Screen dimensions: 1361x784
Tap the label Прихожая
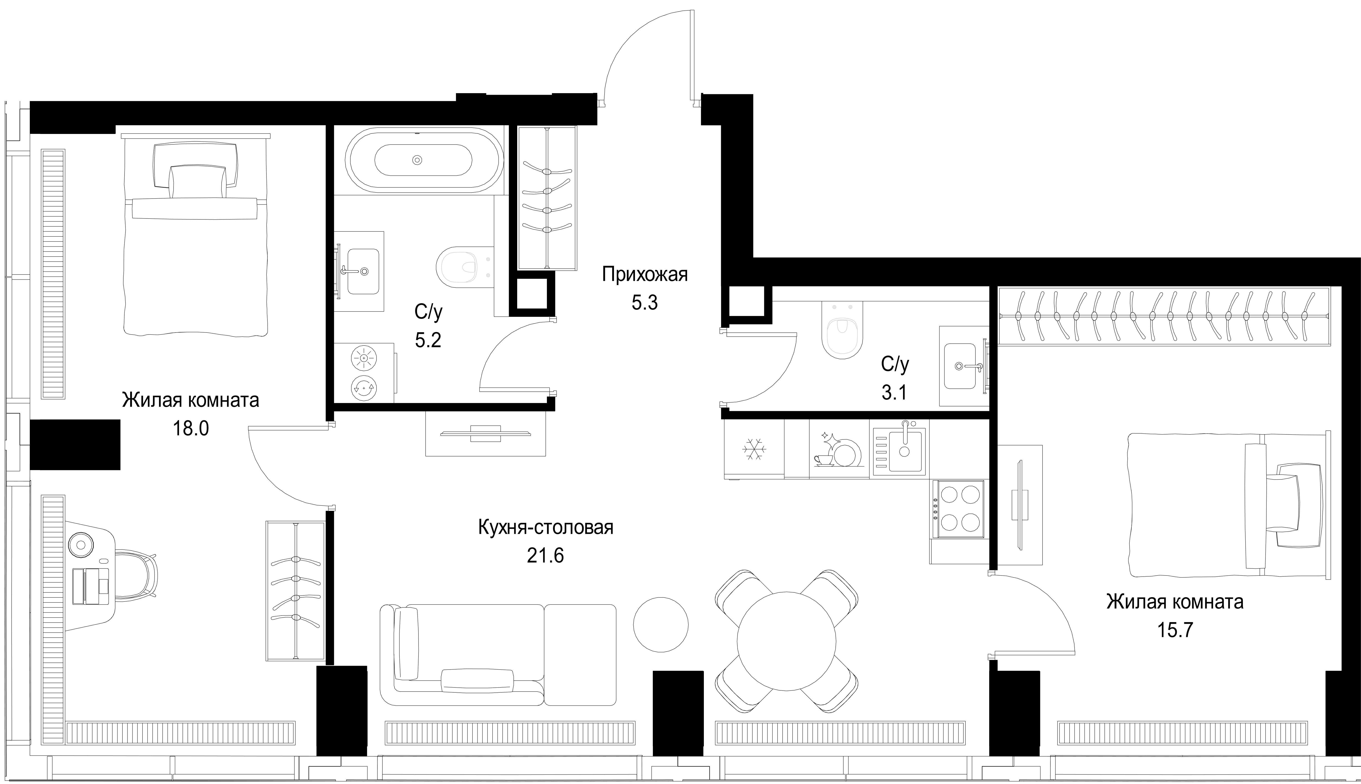645,275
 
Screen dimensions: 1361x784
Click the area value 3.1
894,393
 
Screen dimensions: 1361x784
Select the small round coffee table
661,624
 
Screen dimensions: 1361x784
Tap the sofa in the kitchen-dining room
498,655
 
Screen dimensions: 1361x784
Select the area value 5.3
645,303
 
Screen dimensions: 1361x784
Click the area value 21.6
545,555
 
